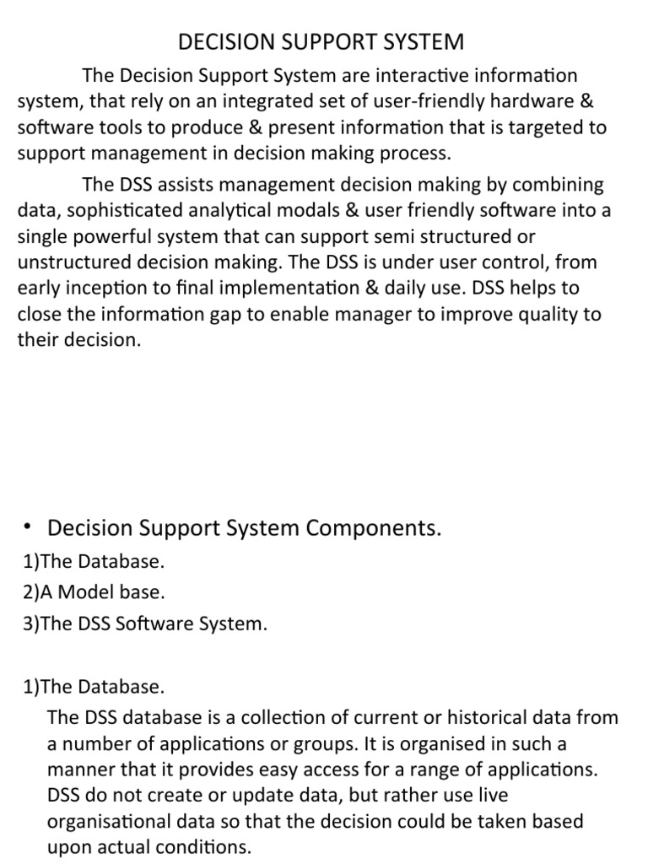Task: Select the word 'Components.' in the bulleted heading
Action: pos(374,529)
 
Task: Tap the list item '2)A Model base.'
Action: pos(94,592)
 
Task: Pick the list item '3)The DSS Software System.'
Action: pos(145,624)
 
